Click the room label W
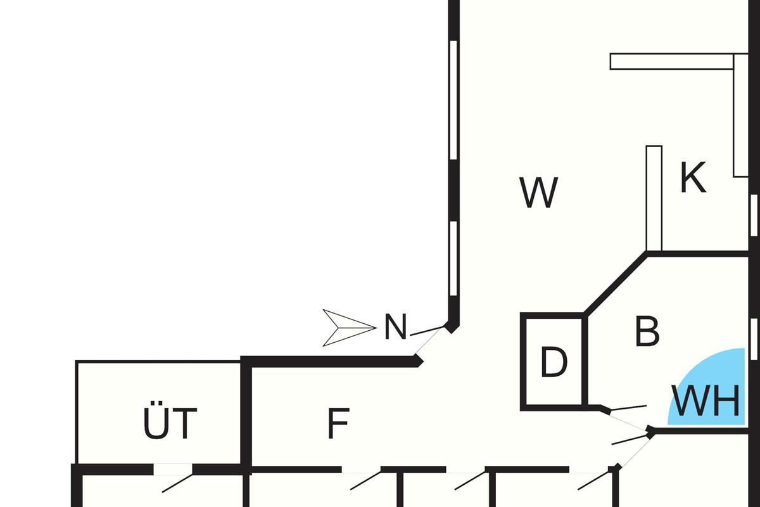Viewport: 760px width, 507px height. [538, 193]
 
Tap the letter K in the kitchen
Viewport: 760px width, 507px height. [693, 178]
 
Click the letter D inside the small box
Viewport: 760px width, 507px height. [554, 363]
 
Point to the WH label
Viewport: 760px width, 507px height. [706, 401]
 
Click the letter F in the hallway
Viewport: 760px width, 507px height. [338, 424]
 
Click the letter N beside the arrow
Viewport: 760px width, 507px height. [395, 328]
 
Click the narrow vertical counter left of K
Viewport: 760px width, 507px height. [654, 198]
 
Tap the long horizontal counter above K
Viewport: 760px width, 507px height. [671, 61]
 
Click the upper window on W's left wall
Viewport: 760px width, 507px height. [453, 99]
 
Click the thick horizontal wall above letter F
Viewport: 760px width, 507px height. [329, 361]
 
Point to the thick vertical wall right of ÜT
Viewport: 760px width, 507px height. [247, 415]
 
